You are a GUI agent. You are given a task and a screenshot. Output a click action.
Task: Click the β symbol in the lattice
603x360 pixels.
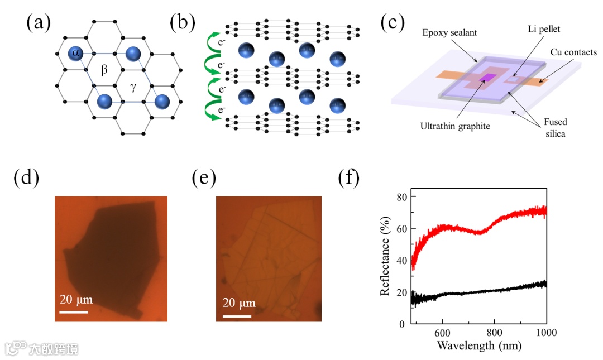(104, 70)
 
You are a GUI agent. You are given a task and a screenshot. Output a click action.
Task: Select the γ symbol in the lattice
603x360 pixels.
(133, 86)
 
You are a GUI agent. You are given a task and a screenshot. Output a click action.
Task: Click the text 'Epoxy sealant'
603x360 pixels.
(449, 33)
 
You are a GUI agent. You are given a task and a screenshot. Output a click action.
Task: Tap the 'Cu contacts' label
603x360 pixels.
(573, 52)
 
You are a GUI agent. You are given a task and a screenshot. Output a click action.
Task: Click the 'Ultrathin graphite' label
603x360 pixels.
(456, 126)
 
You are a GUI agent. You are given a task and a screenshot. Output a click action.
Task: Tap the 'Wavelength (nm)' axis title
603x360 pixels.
(479, 344)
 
